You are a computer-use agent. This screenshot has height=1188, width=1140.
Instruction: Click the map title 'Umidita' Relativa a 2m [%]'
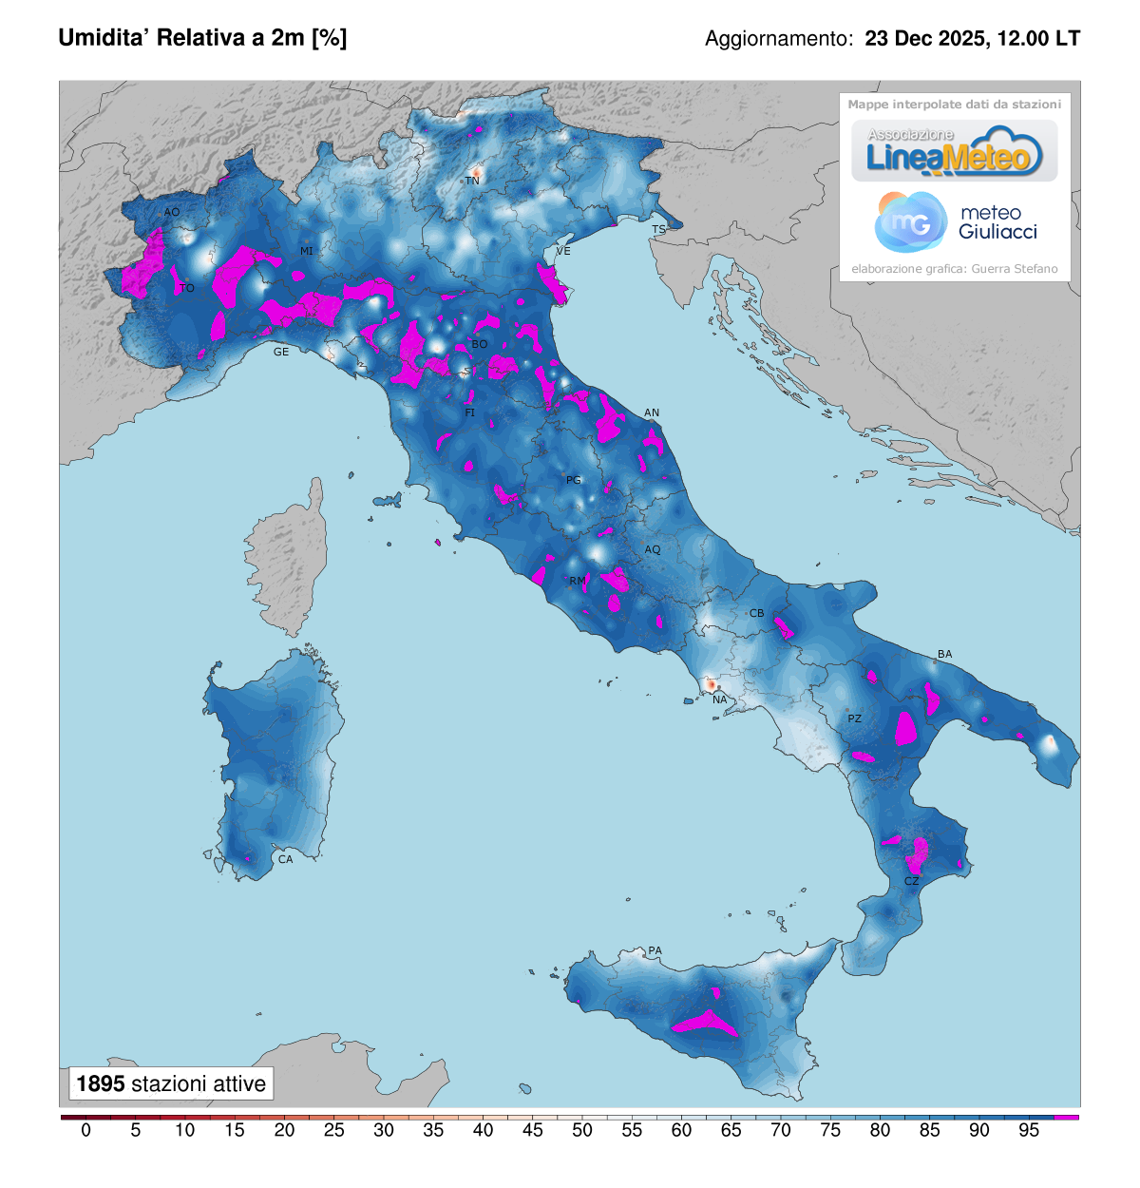(202, 38)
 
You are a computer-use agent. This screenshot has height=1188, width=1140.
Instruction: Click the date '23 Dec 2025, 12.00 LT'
(972, 39)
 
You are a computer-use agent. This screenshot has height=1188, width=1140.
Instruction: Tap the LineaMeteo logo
(954, 152)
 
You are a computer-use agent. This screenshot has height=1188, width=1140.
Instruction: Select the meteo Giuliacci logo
(955, 222)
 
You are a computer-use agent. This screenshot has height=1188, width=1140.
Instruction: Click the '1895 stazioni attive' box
(171, 1083)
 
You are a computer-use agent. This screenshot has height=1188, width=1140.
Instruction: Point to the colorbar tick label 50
(582, 1130)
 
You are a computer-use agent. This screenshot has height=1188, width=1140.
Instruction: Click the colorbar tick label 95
(1029, 1130)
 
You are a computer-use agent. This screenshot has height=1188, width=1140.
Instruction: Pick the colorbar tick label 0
(86, 1130)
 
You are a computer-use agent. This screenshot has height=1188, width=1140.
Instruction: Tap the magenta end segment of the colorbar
(1067, 1117)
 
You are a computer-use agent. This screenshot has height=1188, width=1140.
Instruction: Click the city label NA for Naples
(719, 699)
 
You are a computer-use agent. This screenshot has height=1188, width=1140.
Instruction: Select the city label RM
(577, 581)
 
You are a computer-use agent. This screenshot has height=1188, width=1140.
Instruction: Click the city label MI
(306, 251)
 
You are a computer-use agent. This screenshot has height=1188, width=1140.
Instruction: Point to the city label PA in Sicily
(655, 950)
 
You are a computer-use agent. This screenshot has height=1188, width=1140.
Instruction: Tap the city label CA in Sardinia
(285, 859)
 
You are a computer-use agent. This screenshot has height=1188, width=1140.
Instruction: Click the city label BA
(944, 654)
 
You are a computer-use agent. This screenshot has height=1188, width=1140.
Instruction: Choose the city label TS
(658, 229)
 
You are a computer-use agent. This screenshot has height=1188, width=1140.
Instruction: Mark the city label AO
(172, 212)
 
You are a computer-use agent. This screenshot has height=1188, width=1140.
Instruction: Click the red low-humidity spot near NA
(710, 684)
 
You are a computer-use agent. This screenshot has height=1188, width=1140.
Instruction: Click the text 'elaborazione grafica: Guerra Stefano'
(954, 269)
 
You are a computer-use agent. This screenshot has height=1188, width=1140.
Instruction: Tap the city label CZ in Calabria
(911, 881)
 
